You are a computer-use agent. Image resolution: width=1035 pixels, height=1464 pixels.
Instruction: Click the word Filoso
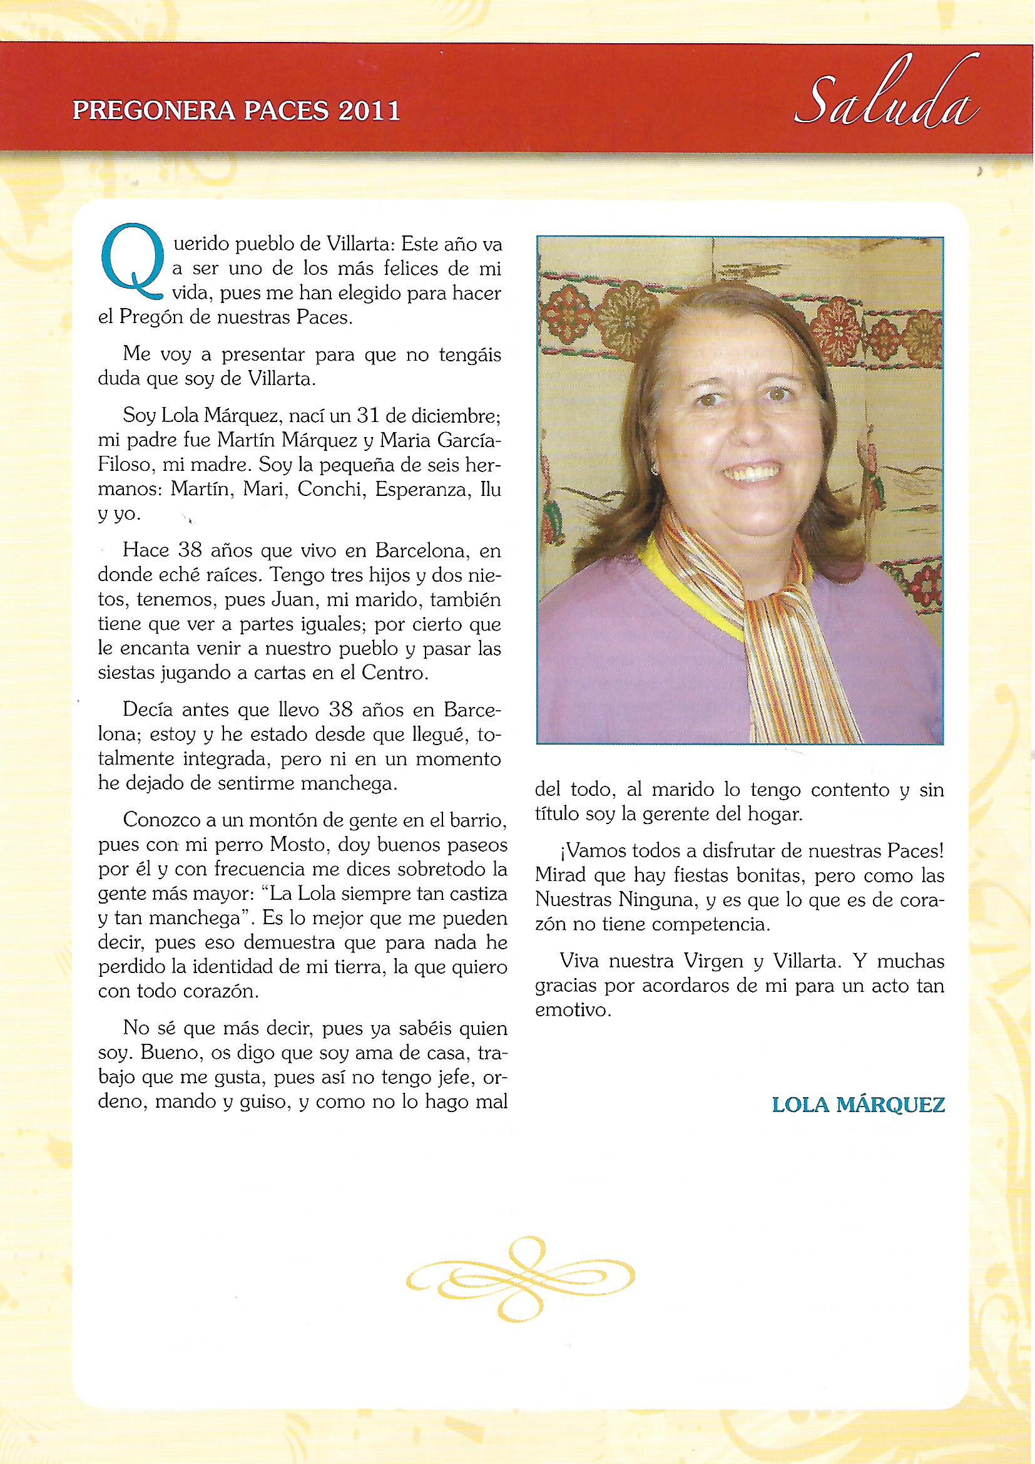(x=124, y=465)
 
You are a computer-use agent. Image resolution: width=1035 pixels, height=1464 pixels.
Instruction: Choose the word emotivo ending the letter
(x=573, y=1011)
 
